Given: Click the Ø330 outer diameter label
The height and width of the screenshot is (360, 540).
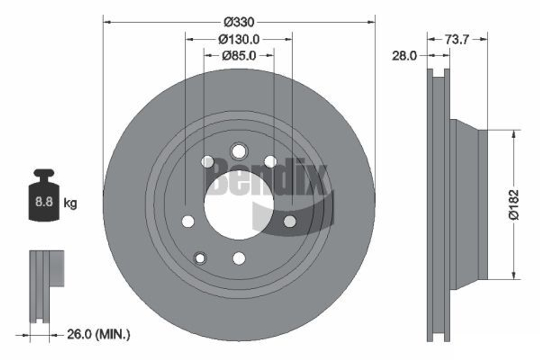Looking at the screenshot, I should pyautogui.click(x=239, y=22).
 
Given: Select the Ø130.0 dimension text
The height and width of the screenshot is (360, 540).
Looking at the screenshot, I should pyautogui.click(x=239, y=39).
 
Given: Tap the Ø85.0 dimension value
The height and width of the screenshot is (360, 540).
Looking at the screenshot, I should pyautogui.click(x=239, y=55).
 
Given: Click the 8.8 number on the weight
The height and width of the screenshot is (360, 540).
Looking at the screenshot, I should pyautogui.click(x=44, y=203).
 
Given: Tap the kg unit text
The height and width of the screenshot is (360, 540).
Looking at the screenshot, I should pyautogui.click(x=70, y=203).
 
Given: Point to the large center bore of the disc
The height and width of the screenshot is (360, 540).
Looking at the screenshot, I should pyautogui.click(x=238, y=205).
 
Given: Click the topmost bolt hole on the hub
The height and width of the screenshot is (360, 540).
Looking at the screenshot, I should pyautogui.click(x=238, y=151).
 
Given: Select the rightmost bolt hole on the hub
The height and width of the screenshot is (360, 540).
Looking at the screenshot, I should pyautogui.click(x=290, y=221).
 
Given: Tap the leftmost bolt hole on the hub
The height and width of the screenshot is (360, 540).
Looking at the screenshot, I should pyautogui.click(x=187, y=221).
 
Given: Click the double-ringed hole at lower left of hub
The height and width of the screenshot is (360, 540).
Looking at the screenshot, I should pyautogui.click(x=200, y=258).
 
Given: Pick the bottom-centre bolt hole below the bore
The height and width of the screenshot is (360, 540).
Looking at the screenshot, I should pyautogui.click(x=239, y=258).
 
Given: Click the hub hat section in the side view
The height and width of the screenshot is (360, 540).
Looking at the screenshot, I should pyautogui.click(x=469, y=205).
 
